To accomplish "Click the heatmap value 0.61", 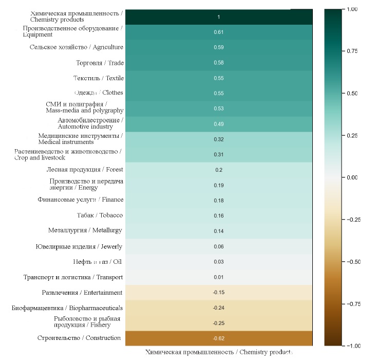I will coord(218,32).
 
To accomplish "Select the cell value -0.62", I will coord(218,338).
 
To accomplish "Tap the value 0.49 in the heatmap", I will coord(218,124).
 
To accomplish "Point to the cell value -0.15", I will coord(218,293).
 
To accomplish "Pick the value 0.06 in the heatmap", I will coord(218,247).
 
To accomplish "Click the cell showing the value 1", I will coord(218,17).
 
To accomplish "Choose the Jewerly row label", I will coord(79,247).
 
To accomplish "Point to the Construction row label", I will coord(79,338).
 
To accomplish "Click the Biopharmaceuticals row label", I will coord(67,308).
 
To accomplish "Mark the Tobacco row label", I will coord(100,215).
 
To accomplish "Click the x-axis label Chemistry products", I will coord(219,352).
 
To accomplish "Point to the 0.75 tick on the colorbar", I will coord(352,51).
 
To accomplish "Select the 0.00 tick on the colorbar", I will coord(352,177).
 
